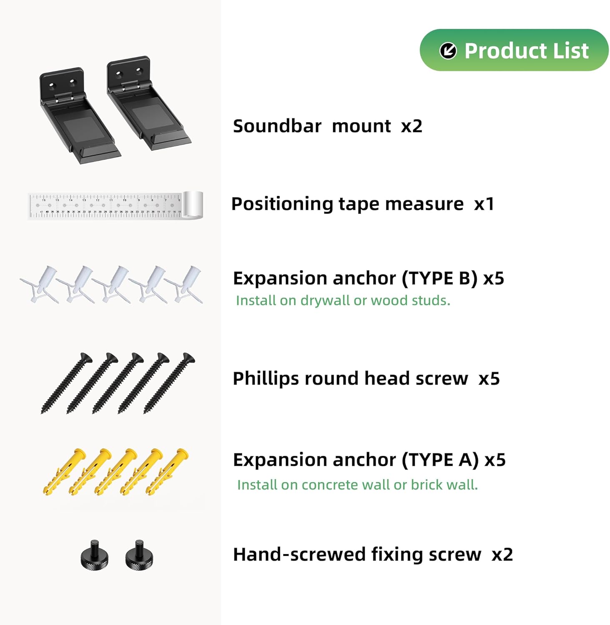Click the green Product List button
(514, 50)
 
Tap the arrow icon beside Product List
(448, 51)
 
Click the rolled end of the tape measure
(193, 205)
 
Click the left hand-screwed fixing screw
(95, 555)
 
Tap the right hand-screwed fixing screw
(139, 555)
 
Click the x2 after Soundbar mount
(412, 126)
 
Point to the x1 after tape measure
(484, 204)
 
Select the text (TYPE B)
(439, 278)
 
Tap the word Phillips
(266, 379)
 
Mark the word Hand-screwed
(299, 555)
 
